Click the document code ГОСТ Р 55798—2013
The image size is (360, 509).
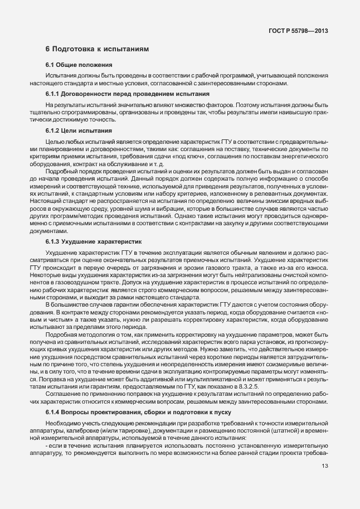298,30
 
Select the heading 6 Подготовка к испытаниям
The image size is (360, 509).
97,49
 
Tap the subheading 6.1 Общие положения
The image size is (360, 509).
79,65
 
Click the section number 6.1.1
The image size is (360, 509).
53,94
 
